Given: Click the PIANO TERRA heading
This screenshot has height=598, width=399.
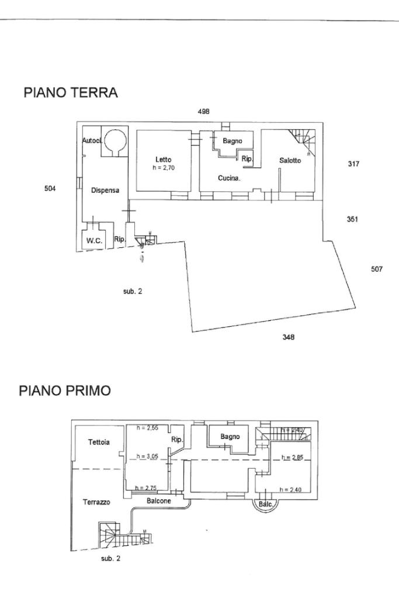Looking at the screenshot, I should [x=70, y=92].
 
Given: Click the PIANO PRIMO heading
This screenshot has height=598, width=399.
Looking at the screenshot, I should [x=64, y=390].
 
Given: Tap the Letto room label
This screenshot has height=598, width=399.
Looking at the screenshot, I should [x=164, y=160].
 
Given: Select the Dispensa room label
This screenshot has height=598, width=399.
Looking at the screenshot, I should [x=105, y=190].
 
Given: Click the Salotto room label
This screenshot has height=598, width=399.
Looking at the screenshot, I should [x=290, y=161].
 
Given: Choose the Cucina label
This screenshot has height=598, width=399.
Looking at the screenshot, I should [x=230, y=178].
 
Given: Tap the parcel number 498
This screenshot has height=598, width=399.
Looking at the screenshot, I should [x=203, y=111].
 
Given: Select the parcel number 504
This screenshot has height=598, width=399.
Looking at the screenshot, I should [x=50, y=188].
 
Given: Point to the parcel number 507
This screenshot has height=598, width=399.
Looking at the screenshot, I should [x=376, y=269].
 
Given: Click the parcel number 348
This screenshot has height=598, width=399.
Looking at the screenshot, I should [x=288, y=337].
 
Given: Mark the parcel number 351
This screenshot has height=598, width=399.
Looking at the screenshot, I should [x=352, y=219].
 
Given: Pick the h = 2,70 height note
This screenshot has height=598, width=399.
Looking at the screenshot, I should [x=164, y=168].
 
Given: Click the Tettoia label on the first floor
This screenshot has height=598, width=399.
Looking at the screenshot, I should [x=99, y=443].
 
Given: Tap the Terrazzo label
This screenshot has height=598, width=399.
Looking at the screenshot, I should [x=96, y=502].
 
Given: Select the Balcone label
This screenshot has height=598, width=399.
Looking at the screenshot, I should [x=159, y=501].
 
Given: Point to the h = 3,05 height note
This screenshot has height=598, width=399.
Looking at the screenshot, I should [x=148, y=457].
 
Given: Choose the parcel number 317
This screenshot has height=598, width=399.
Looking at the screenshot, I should [x=353, y=164].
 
